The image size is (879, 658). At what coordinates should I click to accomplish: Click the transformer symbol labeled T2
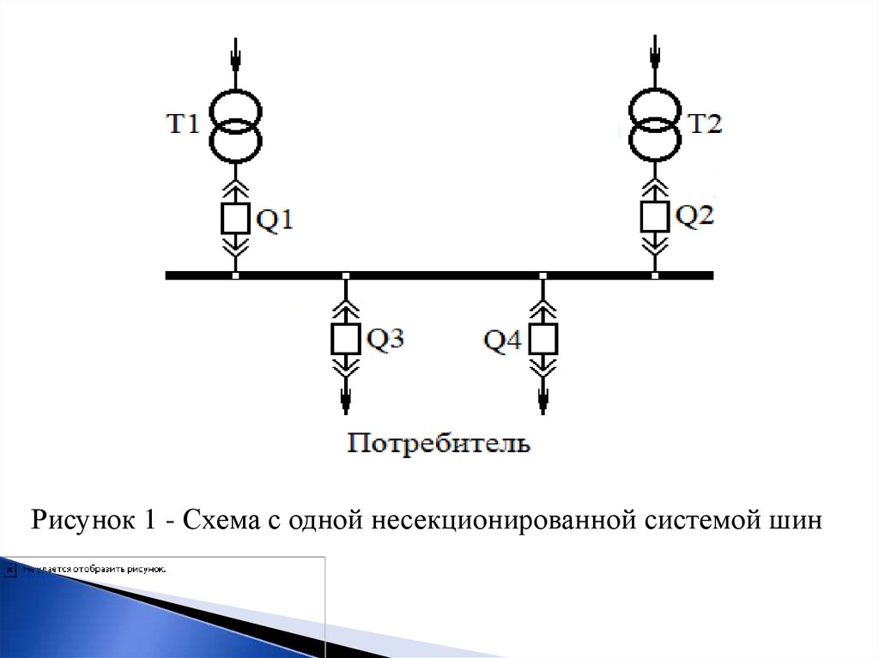(657, 126)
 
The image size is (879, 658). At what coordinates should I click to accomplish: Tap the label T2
(705, 125)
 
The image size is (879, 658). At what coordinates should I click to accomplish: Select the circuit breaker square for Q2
(655, 216)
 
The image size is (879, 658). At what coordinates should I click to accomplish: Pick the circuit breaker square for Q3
(346, 339)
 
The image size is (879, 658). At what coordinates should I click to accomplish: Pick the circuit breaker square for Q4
(543, 339)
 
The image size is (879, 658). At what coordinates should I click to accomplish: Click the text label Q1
(276, 221)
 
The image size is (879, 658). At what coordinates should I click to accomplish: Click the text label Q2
(694, 215)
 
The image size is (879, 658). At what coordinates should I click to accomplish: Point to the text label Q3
(385, 339)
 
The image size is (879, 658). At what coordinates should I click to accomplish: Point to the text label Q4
(502, 341)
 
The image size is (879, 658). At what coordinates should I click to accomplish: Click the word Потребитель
(439, 444)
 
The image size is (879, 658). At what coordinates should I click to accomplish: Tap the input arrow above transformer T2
(656, 55)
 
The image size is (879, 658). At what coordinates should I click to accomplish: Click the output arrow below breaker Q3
(346, 398)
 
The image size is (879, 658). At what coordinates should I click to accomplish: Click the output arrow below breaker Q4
(543, 398)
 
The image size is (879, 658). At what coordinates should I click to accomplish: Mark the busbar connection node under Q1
(235, 275)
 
